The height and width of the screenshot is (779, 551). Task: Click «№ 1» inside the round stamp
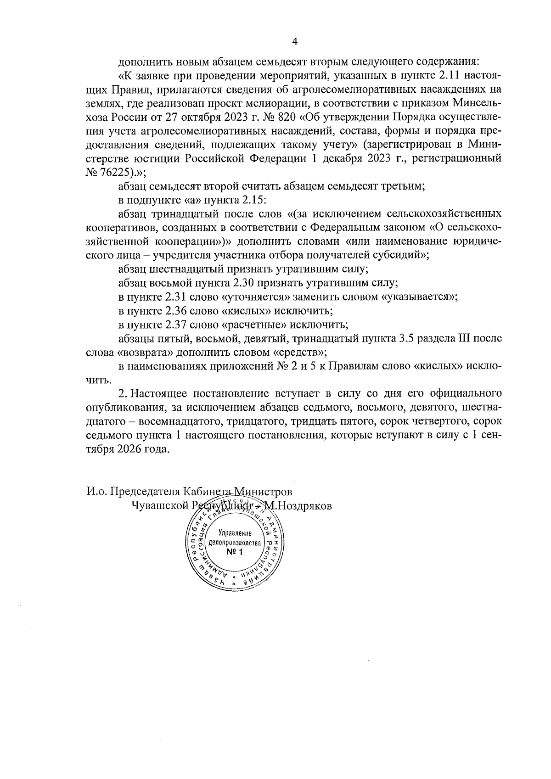pos(234,552)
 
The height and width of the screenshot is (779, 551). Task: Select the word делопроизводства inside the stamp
pos(235,543)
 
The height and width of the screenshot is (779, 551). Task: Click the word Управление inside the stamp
pos(234,533)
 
